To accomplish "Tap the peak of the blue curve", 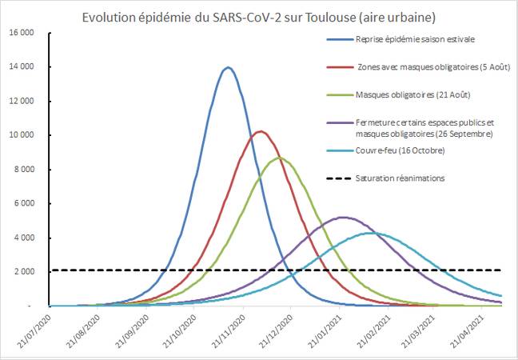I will [229, 67].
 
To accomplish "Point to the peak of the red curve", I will [260, 131].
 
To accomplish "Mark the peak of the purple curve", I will [342, 217].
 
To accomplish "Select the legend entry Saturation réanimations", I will [410, 177].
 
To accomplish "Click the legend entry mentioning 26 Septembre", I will [424, 128].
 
